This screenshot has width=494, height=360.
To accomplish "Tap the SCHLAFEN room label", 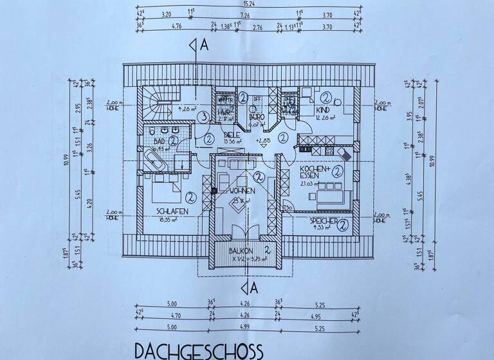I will click(x=171, y=211).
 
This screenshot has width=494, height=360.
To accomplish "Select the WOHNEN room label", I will click(x=241, y=191).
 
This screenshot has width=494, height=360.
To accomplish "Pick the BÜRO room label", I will click(x=256, y=118).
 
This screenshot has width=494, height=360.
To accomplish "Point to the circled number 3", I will click(x=202, y=116).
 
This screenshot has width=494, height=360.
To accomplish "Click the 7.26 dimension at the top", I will click(x=245, y=14).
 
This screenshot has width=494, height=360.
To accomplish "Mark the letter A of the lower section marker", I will click(x=253, y=289).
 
